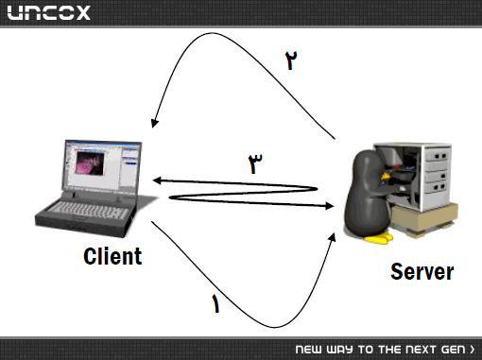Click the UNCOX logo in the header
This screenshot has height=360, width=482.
point(49,12)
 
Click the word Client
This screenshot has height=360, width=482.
point(112,256)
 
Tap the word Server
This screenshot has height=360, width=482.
point(422,271)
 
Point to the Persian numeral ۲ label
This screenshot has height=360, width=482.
point(291,60)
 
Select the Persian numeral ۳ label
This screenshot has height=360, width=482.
point(255,163)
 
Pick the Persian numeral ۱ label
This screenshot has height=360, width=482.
point(215,303)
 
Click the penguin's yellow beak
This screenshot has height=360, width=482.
point(386,176)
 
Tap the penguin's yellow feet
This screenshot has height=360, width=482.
point(379,238)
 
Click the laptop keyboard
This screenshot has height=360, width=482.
point(87,210)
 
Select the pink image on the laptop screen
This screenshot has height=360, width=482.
point(90,163)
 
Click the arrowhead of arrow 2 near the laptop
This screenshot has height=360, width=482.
point(154,123)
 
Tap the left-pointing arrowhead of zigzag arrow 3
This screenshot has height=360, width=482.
point(157,180)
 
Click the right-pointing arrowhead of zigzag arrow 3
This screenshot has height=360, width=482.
point(329,206)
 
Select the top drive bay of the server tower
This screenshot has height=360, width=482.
point(437,156)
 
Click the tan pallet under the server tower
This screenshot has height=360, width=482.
point(425,219)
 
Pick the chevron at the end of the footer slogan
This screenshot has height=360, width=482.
point(472,350)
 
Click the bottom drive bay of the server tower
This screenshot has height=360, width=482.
point(436,187)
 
